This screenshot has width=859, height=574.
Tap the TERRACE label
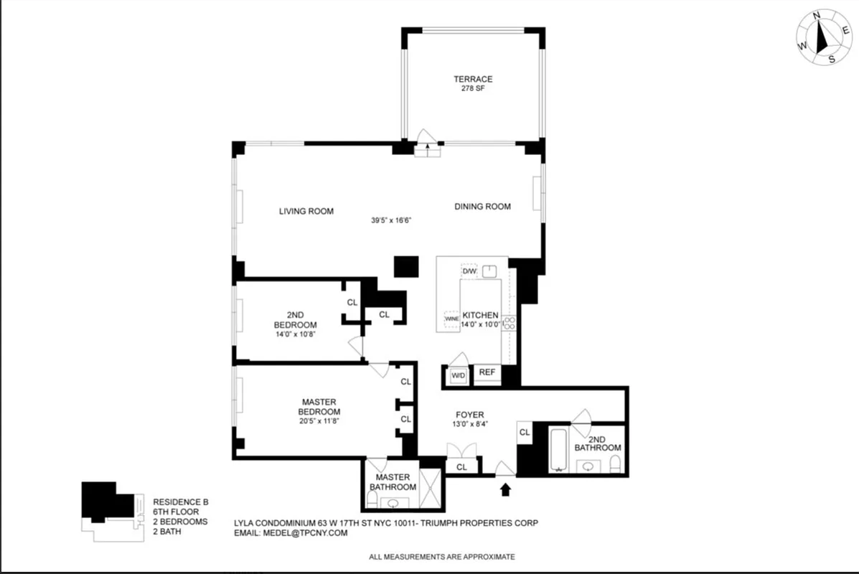(x=472, y=79)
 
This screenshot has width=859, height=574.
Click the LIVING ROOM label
(x=306, y=211)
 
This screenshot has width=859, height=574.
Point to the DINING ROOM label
(x=482, y=207)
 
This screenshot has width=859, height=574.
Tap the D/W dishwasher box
(x=469, y=271)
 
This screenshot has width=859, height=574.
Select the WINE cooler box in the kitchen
(x=451, y=319)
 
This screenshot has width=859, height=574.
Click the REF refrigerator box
(x=487, y=372)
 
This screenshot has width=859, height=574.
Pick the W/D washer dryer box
(x=458, y=375)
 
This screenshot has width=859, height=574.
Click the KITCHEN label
(x=480, y=316)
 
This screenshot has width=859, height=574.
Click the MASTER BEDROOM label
(x=319, y=407)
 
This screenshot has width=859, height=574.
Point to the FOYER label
(x=470, y=415)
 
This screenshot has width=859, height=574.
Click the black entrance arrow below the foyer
(x=505, y=489)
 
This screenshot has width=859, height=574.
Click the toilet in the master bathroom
(x=372, y=498)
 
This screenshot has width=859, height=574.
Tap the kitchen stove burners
(x=508, y=323)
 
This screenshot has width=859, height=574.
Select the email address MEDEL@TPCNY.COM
(x=313, y=533)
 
